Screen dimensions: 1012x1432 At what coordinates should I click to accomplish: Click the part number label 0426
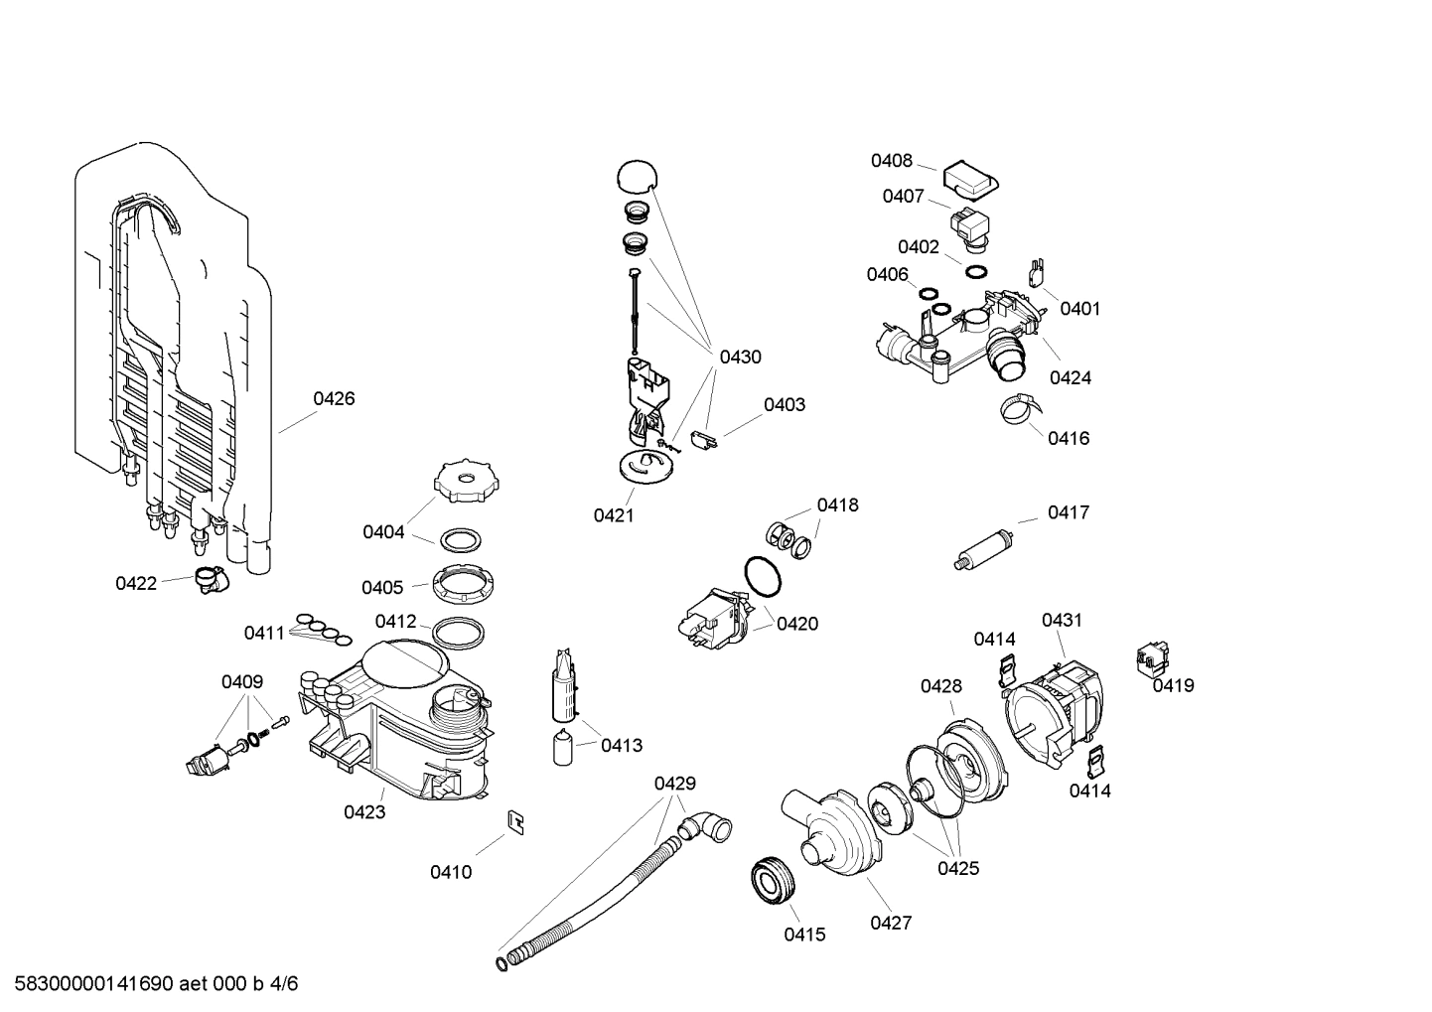tap(334, 398)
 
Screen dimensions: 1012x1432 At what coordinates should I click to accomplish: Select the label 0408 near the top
tap(891, 161)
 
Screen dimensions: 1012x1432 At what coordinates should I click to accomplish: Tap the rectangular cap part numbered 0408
tap(969, 180)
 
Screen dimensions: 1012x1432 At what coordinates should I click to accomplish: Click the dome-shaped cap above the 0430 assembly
tap(636, 177)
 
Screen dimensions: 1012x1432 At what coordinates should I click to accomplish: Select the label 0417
tap(1068, 512)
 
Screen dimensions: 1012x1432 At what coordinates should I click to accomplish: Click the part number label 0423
tap(364, 812)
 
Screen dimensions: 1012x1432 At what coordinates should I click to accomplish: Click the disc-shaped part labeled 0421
tap(644, 466)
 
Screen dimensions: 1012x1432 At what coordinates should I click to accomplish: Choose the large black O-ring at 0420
tap(762, 577)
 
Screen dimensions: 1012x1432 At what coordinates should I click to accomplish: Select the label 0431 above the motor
tap(1062, 620)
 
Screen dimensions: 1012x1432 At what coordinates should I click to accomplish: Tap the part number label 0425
tap(958, 868)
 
